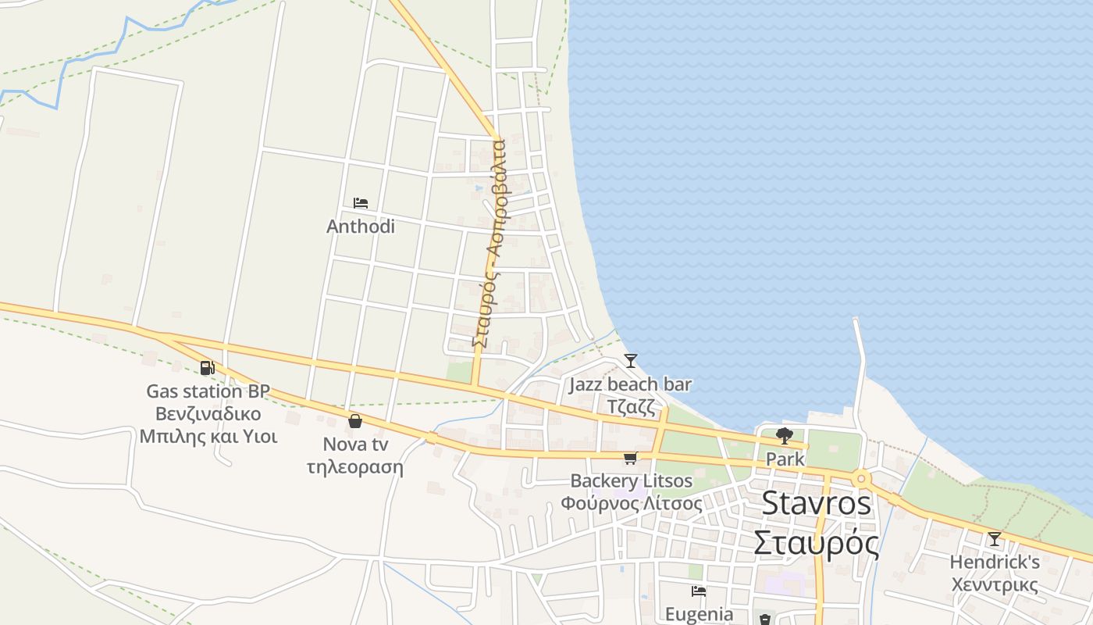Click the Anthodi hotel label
click(360, 227)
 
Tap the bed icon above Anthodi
click(360, 203)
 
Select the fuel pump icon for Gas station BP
click(207, 368)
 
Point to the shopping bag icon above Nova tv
click(355, 421)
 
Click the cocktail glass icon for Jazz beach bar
click(630, 361)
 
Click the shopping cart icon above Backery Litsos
click(630, 458)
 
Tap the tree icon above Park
click(785, 436)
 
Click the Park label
click(785, 459)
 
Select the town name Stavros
click(816, 503)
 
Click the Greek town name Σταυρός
click(816, 543)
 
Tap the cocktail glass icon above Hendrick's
click(994, 539)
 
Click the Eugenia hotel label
click(699, 614)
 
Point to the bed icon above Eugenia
click(699, 591)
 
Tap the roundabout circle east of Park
click(861, 478)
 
